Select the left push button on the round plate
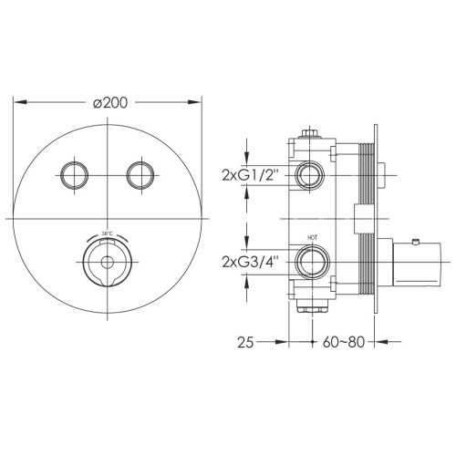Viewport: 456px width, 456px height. [73, 173]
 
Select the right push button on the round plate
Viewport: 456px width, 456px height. [140, 173]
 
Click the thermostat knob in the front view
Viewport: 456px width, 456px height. [107, 264]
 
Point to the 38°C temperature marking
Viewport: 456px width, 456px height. [108, 234]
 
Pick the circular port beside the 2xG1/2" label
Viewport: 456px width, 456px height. [310, 173]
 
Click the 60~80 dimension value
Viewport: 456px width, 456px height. [347, 344]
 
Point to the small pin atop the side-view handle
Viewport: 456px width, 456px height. [415, 242]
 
